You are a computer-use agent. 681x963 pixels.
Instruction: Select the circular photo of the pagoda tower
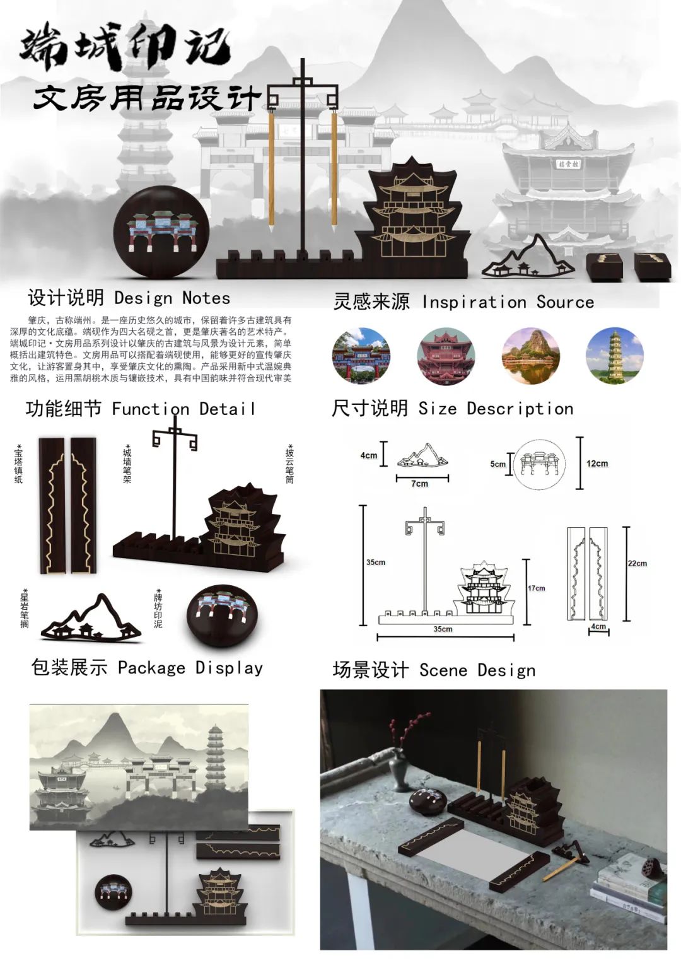tap(614, 356)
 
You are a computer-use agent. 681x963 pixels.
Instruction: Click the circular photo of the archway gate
tap(361, 356)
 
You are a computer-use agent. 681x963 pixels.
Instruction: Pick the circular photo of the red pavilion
tap(446, 356)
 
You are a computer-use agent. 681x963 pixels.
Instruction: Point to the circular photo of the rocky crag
tap(530, 356)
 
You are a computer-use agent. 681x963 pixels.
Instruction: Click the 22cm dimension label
tap(637, 563)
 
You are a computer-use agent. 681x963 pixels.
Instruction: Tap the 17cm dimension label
tap(536, 588)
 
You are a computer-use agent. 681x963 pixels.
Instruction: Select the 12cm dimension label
tap(597, 464)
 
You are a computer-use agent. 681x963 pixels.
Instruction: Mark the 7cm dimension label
tap(419, 484)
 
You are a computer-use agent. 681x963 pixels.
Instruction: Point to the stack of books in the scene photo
tap(628, 889)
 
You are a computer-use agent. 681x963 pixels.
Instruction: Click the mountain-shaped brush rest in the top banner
tap(529, 259)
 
